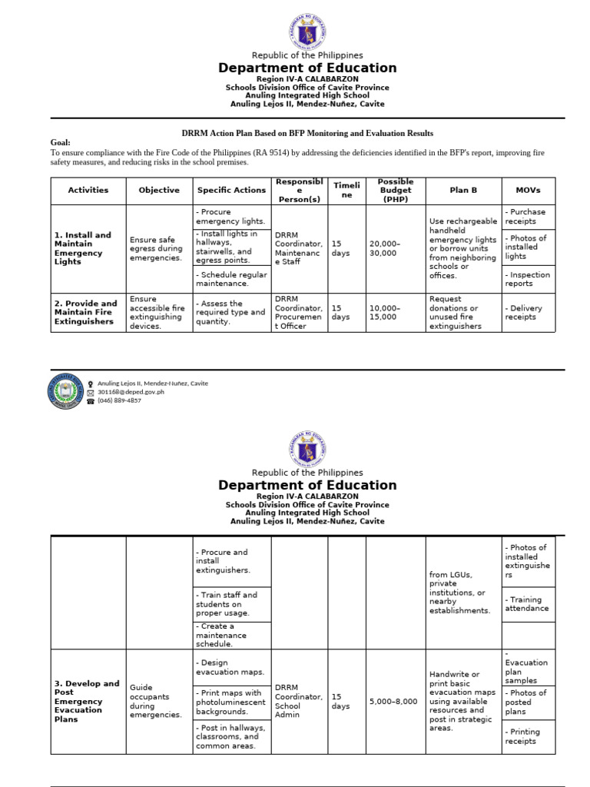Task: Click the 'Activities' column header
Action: click(x=88, y=190)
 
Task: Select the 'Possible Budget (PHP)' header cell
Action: click(x=395, y=190)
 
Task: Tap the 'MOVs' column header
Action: click(x=528, y=190)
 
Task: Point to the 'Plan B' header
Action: click(x=463, y=190)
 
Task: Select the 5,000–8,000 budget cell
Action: click(x=395, y=701)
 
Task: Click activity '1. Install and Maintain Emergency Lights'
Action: click(x=88, y=248)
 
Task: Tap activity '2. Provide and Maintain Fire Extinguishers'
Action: click(x=88, y=312)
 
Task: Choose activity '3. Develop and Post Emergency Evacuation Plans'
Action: click(x=88, y=701)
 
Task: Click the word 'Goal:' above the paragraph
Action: click(x=61, y=143)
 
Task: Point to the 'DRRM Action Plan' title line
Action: click(x=307, y=133)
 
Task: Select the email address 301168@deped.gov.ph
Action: click(x=131, y=392)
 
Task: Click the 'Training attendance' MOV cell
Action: click(x=527, y=604)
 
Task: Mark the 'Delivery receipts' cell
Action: click(x=527, y=312)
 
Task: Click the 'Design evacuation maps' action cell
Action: click(x=232, y=667)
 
